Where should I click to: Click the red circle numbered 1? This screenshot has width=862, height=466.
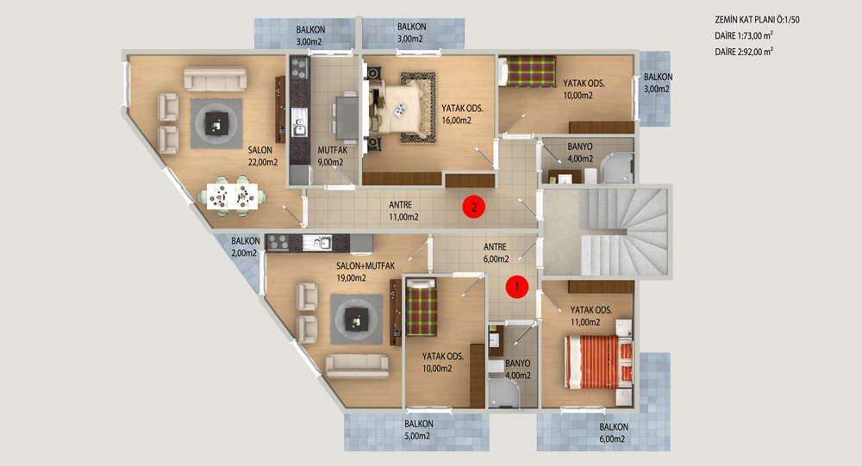pyautogui.click(x=516, y=286)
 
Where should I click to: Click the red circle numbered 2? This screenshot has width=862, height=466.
pyautogui.click(x=473, y=208)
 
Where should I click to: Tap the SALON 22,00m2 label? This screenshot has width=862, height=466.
pyautogui.click(x=262, y=156)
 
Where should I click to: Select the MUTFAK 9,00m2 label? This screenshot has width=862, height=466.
pyautogui.click(x=332, y=156)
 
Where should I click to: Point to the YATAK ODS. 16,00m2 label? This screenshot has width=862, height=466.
pyautogui.click(x=462, y=115)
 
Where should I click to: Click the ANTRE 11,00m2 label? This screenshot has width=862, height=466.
pyautogui.click(x=403, y=210)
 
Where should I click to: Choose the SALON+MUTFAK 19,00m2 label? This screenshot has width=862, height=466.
pyautogui.click(x=365, y=271)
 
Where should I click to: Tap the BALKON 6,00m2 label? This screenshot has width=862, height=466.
pyautogui.click(x=613, y=432)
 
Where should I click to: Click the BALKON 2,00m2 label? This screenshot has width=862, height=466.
pyautogui.click(x=245, y=246)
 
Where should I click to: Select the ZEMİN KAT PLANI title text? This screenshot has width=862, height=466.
pyautogui.click(x=757, y=20)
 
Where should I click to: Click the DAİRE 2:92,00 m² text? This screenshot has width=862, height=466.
pyautogui.click(x=744, y=52)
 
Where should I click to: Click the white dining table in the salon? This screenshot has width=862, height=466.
pyautogui.click(x=232, y=196)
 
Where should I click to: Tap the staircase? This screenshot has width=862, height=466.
pyautogui.click(x=624, y=232)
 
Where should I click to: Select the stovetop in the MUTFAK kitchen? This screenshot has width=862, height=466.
pyautogui.click(x=299, y=68)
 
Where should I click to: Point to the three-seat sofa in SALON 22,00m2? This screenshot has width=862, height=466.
pyautogui.click(x=215, y=79)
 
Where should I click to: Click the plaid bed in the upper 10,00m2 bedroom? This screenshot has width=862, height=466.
pyautogui.click(x=527, y=71)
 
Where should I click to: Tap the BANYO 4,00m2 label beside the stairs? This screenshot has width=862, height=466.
pyautogui.click(x=580, y=152)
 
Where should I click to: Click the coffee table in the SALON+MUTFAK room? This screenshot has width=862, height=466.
pyautogui.click(x=356, y=320)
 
